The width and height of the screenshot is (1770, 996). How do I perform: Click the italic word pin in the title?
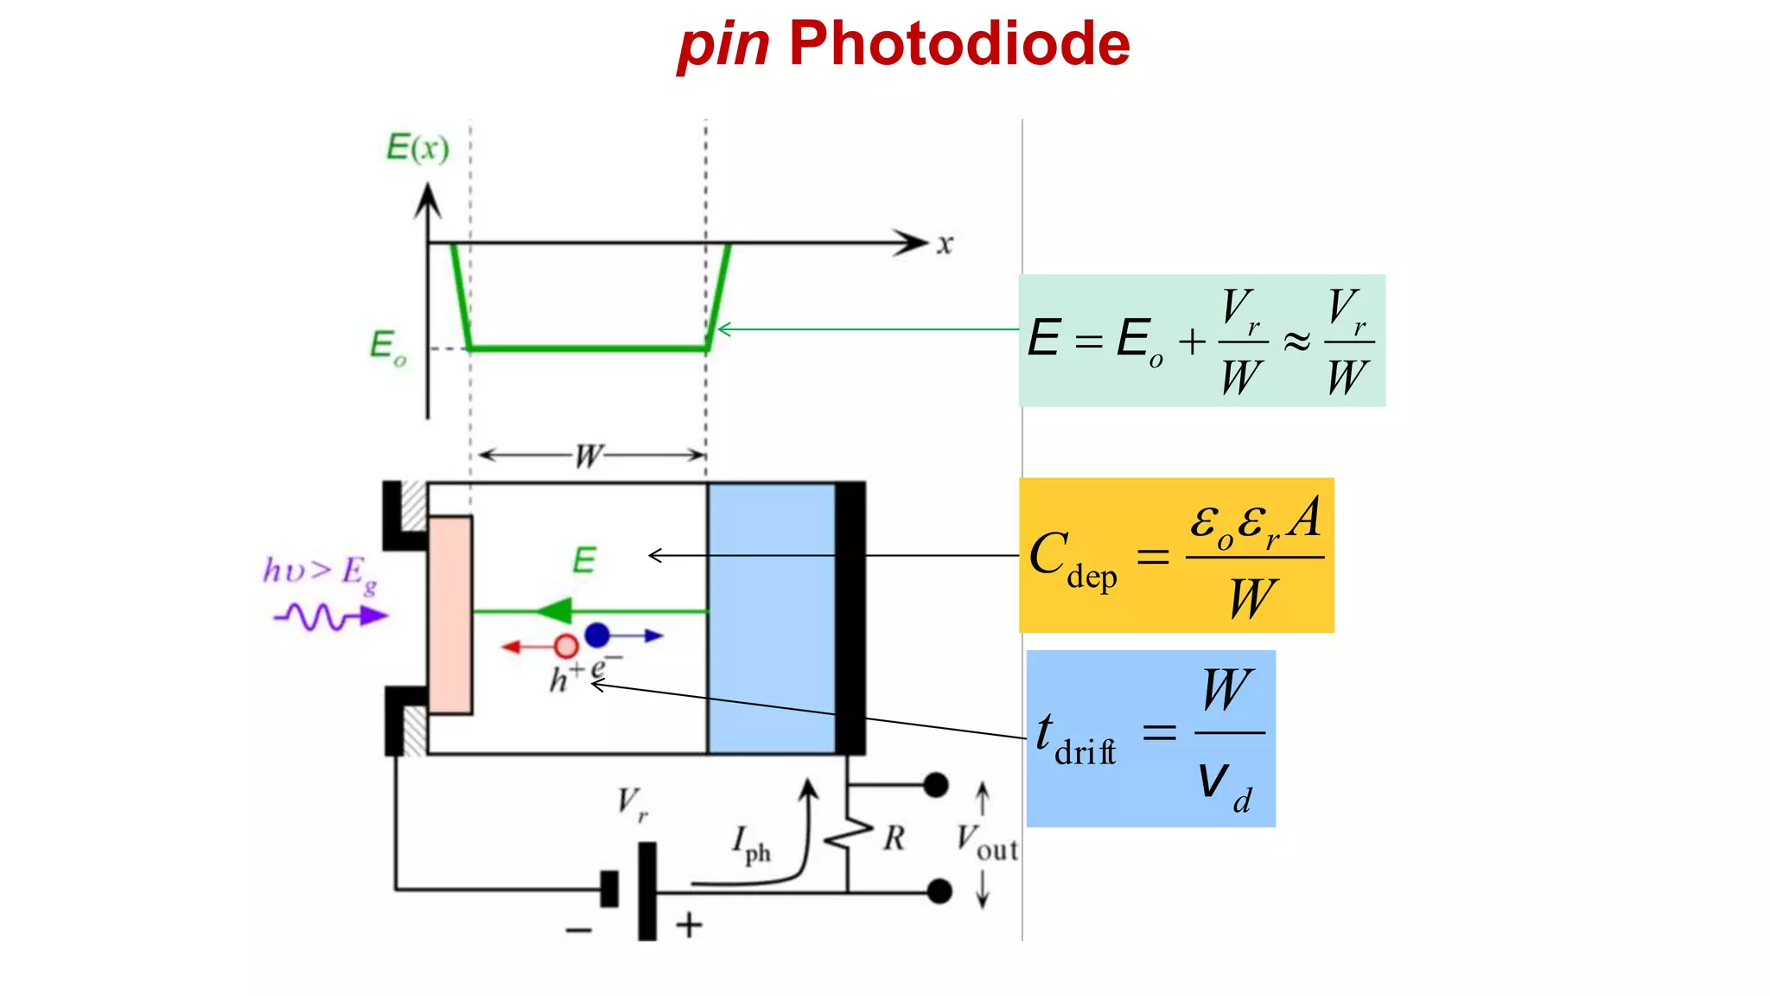click(x=723, y=45)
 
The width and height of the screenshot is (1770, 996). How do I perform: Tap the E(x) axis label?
click(x=417, y=148)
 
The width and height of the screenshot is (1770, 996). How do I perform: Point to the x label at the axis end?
click(x=945, y=245)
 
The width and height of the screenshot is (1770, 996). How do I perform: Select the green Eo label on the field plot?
click(x=386, y=347)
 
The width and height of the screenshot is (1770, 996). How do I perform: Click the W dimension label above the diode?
click(x=589, y=456)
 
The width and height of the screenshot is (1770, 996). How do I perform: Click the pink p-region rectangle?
click(x=449, y=614)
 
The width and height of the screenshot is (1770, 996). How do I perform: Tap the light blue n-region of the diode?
click(x=771, y=618)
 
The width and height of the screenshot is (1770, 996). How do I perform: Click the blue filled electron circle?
click(x=597, y=635)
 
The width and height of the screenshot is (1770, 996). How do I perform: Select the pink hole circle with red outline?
click(x=566, y=646)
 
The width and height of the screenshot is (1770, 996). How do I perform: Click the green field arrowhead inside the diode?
click(x=555, y=611)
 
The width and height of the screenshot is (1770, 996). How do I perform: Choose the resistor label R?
click(x=894, y=838)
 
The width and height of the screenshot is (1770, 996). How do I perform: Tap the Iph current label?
click(x=750, y=843)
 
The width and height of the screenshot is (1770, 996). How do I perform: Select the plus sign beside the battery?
click(x=689, y=926)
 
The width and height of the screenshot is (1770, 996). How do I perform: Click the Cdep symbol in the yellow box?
click(x=1072, y=559)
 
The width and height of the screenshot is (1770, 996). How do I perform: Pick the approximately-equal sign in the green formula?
click(x=1296, y=342)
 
